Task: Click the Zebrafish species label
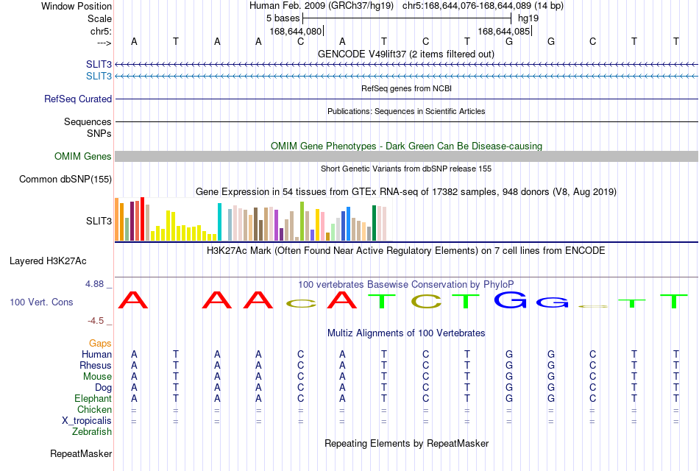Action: [x=92, y=432]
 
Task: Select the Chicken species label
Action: [x=94, y=409]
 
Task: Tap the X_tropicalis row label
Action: [x=87, y=421]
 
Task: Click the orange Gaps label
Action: [x=100, y=344]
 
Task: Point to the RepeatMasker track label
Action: [x=81, y=453]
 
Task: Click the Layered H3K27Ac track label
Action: [x=48, y=261]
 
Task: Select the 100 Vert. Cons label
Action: [x=41, y=302]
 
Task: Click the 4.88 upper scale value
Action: [x=94, y=284]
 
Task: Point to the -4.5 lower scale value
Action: [x=96, y=321]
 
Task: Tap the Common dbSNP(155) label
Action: [x=65, y=180]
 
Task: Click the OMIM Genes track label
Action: [x=83, y=157]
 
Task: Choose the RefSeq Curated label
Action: [x=78, y=99]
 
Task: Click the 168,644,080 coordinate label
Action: [x=295, y=31]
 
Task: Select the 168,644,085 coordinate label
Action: [x=504, y=31]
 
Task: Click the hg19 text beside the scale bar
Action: [x=528, y=18]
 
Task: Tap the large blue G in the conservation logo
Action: [x=510, y=300]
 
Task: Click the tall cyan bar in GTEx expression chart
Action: [x=219, y=222]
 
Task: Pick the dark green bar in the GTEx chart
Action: [x=374, y=223]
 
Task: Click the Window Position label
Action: [x=77, y=6]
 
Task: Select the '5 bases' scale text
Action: [x=283, y=18]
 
